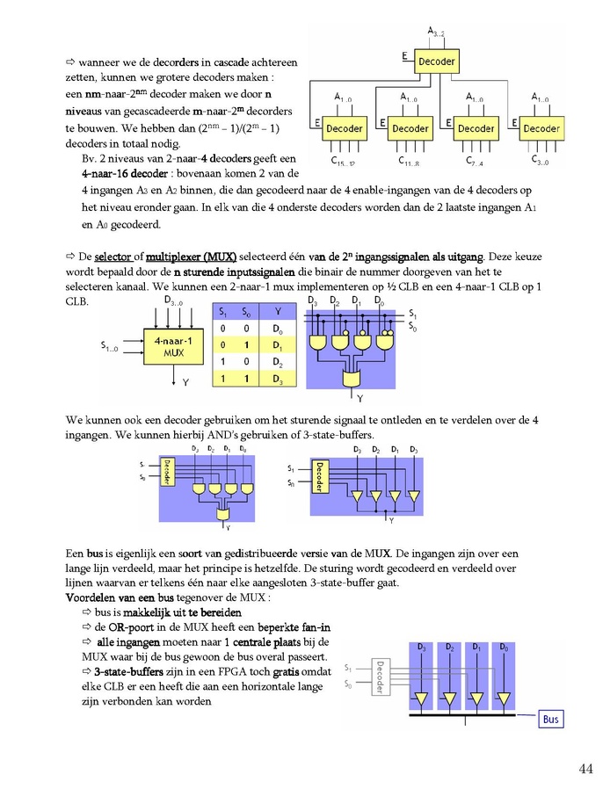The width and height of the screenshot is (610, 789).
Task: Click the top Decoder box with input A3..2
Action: pos(436,62)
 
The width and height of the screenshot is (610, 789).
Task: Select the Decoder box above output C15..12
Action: pos(345,128)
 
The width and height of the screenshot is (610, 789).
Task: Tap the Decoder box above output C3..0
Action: pos(541,128)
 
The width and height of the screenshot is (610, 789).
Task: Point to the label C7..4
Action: pos(475,161)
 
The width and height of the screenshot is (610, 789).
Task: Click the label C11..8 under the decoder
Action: pos(409,161)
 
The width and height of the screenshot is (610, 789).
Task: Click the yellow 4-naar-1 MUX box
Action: pos(174,347)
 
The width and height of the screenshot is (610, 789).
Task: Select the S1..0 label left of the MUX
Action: pos(109,347)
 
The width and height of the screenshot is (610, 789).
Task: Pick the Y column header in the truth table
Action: pos(278,312)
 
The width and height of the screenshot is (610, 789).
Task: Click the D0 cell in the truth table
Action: pos(278,329)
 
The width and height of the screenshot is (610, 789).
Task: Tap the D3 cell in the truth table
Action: pos(278,379)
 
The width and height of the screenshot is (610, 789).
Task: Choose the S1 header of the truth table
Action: pos(223,312)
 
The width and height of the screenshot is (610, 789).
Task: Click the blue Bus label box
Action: pos(550,719)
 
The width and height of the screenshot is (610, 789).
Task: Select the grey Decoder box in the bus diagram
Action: pos(380,677)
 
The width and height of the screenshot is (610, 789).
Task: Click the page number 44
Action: pos(586,769)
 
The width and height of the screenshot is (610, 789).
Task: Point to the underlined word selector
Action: pos(113,257)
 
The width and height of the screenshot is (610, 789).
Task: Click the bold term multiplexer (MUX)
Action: pos(192,257)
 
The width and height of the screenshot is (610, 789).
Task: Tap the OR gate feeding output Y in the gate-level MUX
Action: pos(351,379)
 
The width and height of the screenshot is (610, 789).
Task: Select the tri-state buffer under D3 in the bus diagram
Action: pos(421,699)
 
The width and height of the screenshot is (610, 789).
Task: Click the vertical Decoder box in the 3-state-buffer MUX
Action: pos(320,475)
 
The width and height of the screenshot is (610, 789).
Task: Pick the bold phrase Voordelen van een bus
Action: pos(120,597)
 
